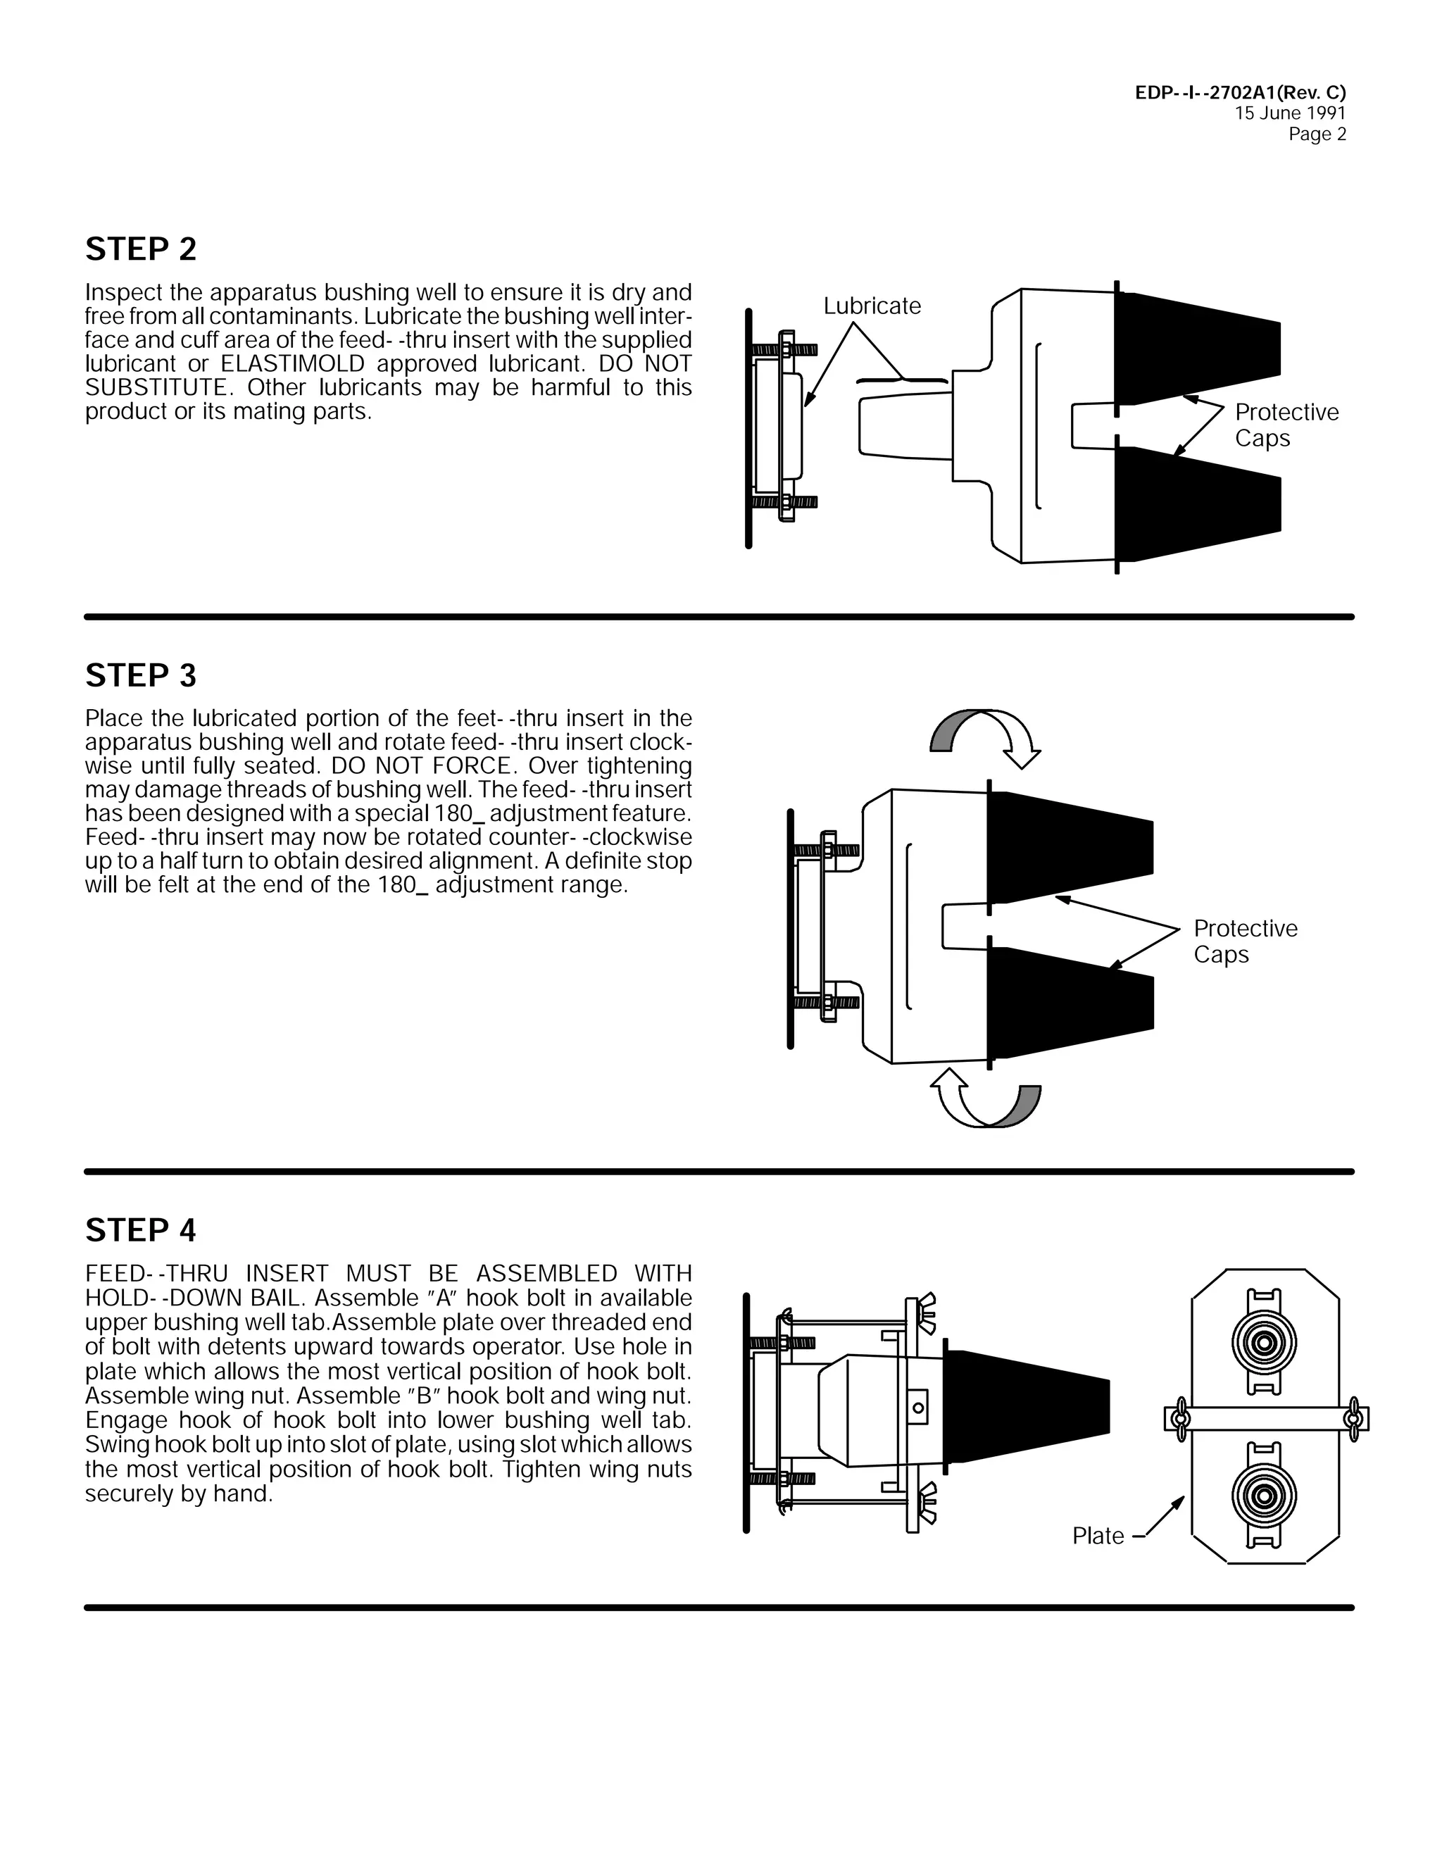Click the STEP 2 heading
coord(141,249)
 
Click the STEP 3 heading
coord(141,676)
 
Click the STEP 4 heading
coord(141,1230)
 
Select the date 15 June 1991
coord(1289,113)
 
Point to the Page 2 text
coord(1317,134)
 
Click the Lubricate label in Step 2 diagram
coord(872,306)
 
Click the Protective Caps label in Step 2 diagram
coord(1286,425)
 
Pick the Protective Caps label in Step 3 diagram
coord(1245,941)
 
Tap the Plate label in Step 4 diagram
coord(1098,1536)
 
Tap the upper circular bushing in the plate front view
coord(1265,1342)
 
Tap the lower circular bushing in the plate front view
coord(1265,1496)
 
